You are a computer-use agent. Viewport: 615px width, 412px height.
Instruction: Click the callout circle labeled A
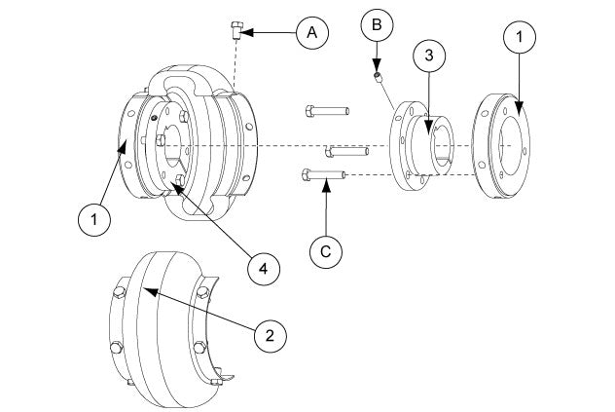point(311,32)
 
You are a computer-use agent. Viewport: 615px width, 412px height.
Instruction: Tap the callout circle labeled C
point(327,251)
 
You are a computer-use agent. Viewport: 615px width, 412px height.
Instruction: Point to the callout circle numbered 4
point(261,265)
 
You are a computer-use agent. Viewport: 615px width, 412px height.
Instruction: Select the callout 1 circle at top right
point(519,40)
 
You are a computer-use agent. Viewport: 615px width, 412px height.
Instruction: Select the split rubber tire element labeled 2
point(165,331)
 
